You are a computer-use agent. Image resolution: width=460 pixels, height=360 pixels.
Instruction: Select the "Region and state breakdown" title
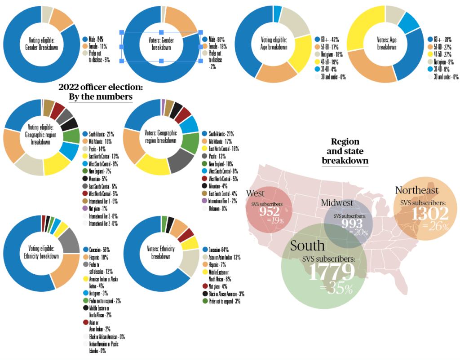(x=345, y=151)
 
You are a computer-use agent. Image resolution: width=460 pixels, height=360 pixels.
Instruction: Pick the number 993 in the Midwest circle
(x=352, y=223)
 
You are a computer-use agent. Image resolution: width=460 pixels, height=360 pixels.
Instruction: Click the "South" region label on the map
(x=308, y=246)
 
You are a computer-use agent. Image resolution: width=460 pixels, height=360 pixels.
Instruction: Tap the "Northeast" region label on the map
(x=417, y=190)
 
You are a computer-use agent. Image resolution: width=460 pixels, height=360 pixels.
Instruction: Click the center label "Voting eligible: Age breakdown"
(x=274, y=44)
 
